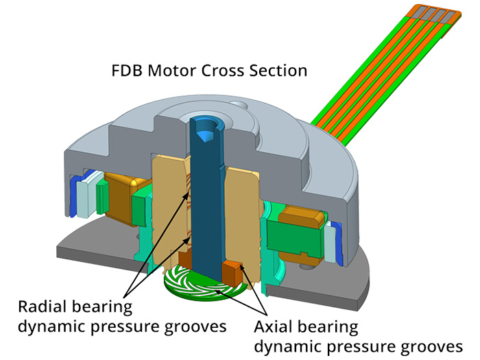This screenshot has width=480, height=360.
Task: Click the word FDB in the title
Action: (128, 71)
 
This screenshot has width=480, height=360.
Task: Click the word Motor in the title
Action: (173, 71)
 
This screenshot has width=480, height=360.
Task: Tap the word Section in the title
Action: (278, 71)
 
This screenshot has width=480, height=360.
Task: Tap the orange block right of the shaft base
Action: (233, 272)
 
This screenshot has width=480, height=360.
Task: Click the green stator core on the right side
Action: (293, 238)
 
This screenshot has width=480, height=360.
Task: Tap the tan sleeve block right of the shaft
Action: (243, 214)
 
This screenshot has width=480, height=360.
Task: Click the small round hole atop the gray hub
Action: (239, 106)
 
